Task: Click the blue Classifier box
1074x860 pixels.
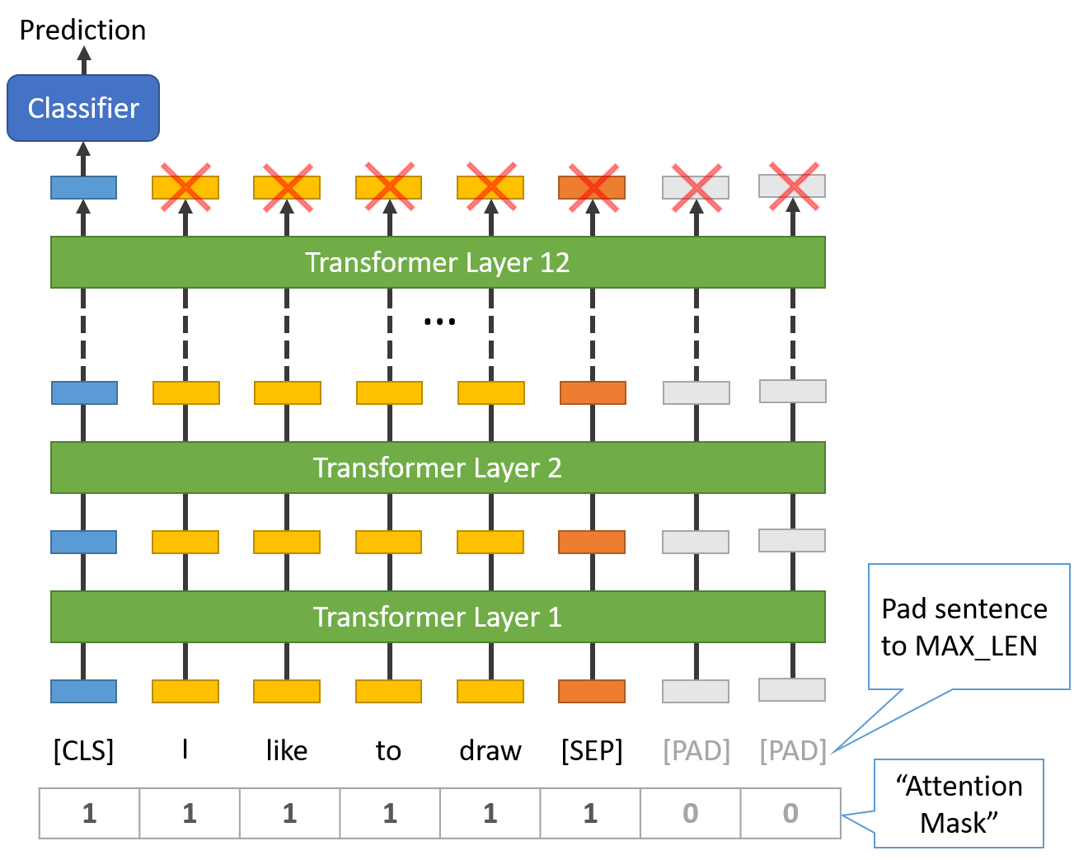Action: pos(83,108)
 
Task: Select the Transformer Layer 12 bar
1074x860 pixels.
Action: pos(438,262)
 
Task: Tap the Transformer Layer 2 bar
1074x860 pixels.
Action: pos(438,468)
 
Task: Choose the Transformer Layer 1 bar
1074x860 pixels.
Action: pos(438,617)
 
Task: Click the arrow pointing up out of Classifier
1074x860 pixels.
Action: pos(83,58)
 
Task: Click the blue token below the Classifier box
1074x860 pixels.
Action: pos(83,187)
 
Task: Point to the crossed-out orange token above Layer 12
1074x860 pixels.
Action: pos(592,187)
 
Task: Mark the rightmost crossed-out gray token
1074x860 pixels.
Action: pos(792,186)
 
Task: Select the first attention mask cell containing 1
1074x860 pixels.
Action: pos(90,814)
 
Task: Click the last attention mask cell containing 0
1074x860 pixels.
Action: pos(790,814)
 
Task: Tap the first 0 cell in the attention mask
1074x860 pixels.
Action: pos(690,814)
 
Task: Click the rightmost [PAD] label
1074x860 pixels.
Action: pos(792,750)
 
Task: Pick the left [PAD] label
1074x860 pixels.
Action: pos(696,750)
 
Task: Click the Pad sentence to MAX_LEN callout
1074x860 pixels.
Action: pos(968,627)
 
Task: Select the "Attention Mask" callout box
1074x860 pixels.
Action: pos(959,804)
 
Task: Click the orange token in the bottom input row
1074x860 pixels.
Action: pos(592,691)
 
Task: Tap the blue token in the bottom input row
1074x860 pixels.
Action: pos(83,691)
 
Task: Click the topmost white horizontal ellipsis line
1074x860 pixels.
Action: pos(429,312)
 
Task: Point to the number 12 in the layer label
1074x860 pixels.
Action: pos(555,262)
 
